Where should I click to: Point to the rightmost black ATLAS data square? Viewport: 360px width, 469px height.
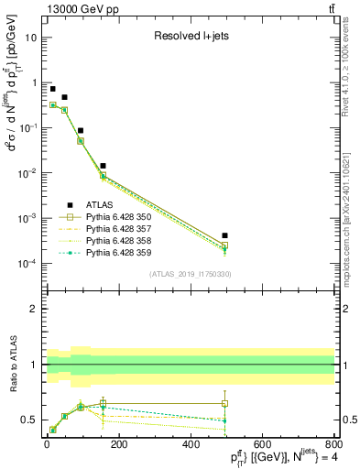pos(224,236)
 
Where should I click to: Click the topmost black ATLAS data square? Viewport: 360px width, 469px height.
pos(53,89)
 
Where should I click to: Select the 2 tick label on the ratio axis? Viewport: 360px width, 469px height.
pos(36,310)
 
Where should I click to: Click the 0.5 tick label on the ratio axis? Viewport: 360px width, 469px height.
pos(32,420)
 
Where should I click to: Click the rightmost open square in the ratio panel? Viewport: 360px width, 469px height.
pos(224,403)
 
